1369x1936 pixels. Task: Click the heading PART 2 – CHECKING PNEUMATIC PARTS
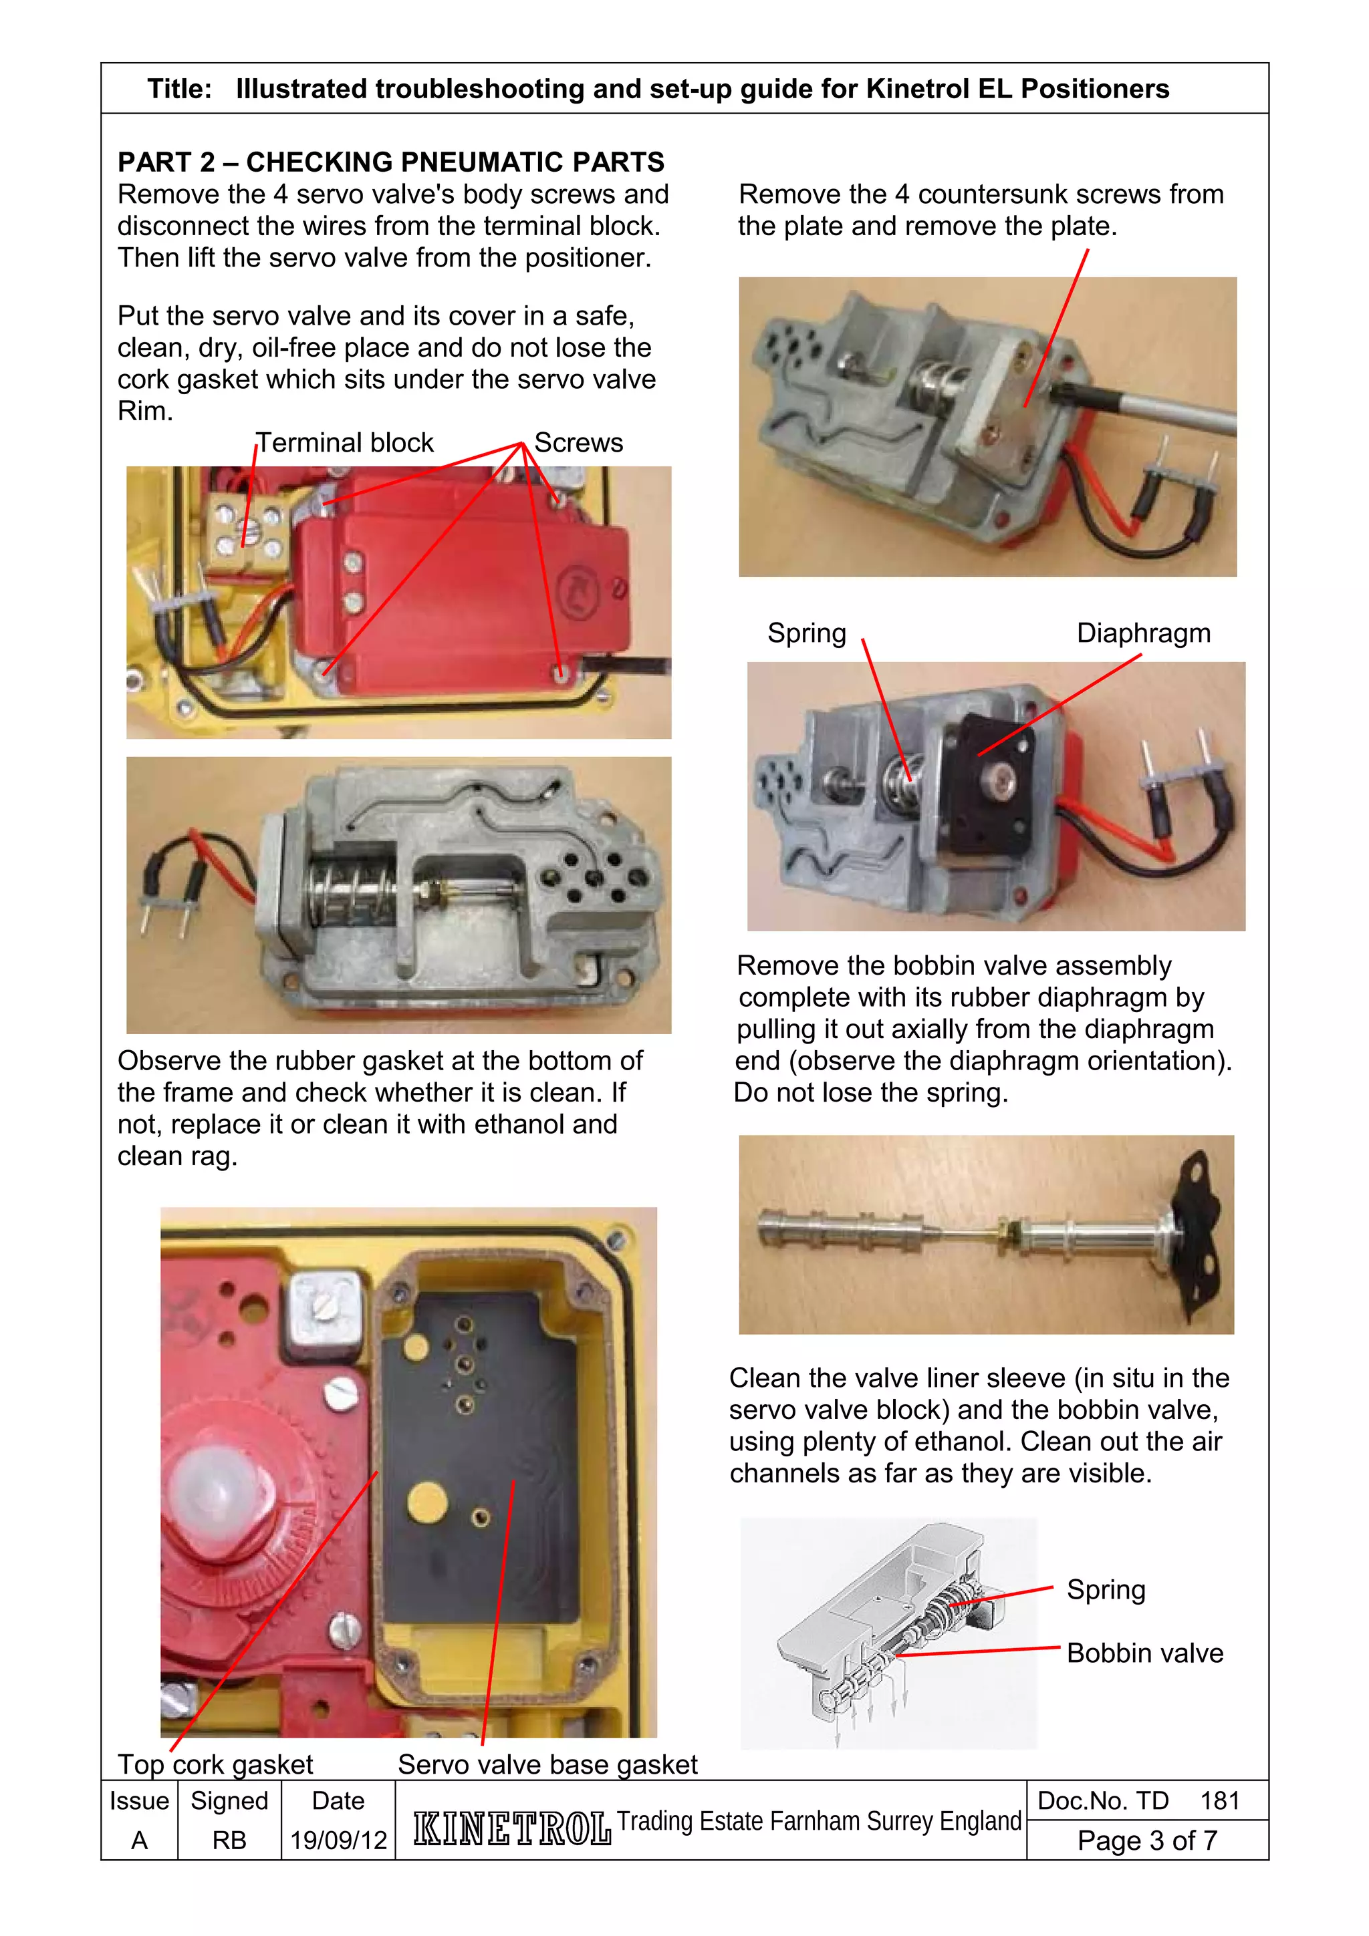(390, 161)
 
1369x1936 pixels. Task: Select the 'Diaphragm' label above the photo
(1143, 633)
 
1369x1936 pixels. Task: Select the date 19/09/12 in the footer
(338, 1840)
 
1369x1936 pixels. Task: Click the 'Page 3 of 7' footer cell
(1147, 1840)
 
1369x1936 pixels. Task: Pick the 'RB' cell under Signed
(229, 1840)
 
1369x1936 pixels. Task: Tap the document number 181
(1220, 1800)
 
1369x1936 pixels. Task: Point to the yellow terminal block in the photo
(245, 531)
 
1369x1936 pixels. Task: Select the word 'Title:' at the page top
(179, 89)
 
